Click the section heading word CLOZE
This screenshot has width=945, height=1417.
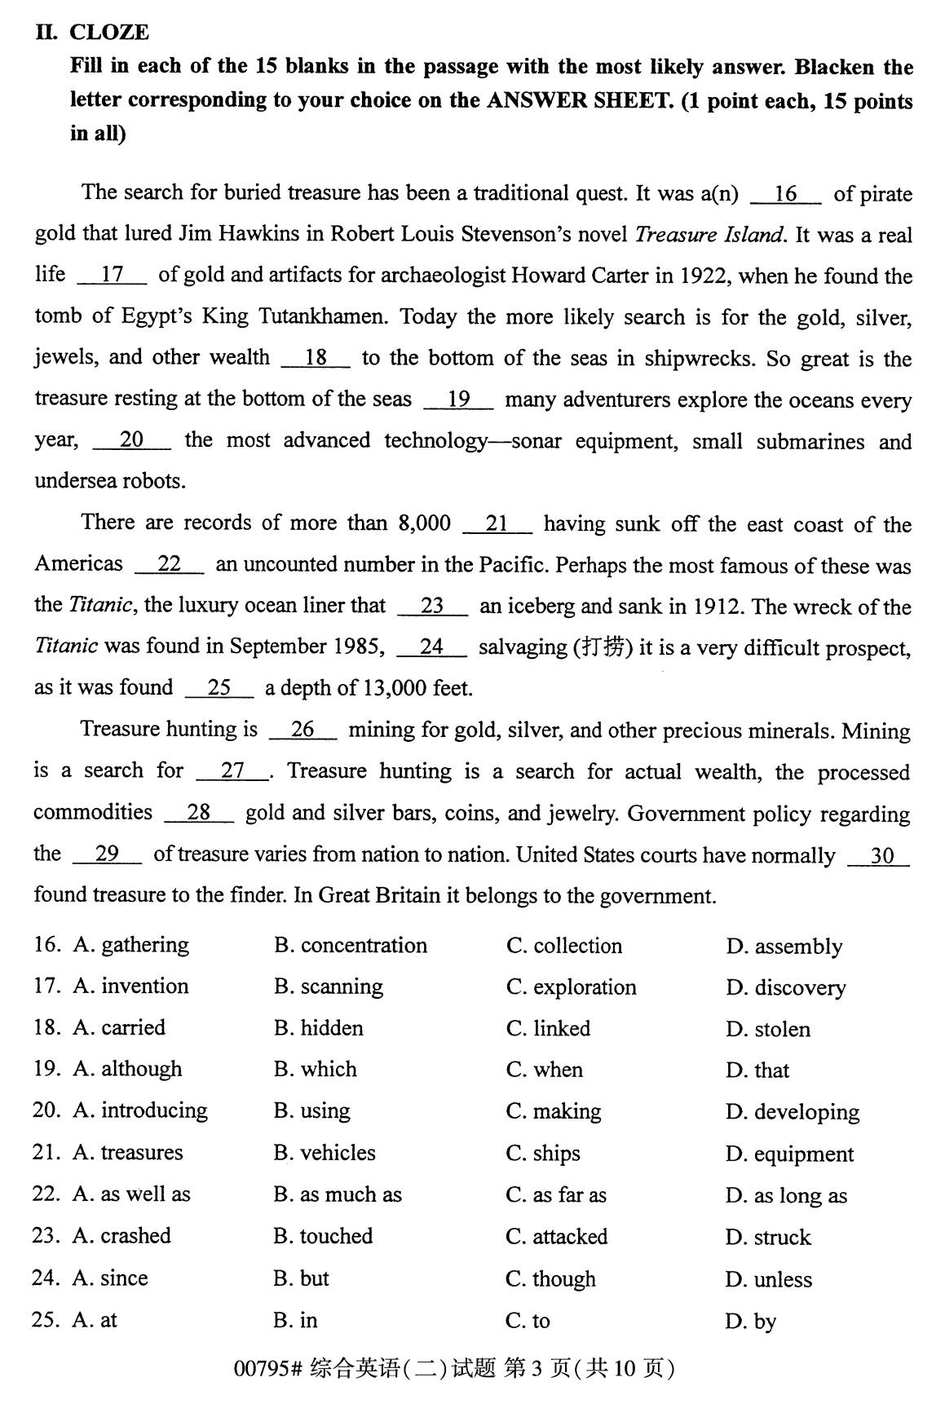pyautogui.click(x=108, y=33)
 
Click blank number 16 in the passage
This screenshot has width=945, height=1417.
pyautogui.click(x=785, y=194)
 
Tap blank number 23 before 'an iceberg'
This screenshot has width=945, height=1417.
pyautogui.click(x=432, y=607)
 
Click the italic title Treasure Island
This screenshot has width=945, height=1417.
pyautogui.click(x=709, y=235)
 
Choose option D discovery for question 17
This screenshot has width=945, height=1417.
pyautogui.click(x=785, y=988)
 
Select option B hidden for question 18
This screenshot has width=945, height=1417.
pyautogui.click(x=319, y=1028)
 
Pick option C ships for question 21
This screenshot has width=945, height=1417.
pyautogui.click(x=543, y=1154)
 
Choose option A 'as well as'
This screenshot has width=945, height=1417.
pyautogui.click(x=131, y=1194)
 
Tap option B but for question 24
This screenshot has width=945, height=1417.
pyautogui.click(x=302, y=1278)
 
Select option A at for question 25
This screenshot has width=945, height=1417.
pyautogui.click(x=95, y=1320)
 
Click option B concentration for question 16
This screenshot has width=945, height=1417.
pyautogui.click(x=351, y=946)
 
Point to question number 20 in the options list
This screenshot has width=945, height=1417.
pyautogui.click(x=45, y=1110)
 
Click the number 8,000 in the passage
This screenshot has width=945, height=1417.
pyautogui.click(x=424, y=523)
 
